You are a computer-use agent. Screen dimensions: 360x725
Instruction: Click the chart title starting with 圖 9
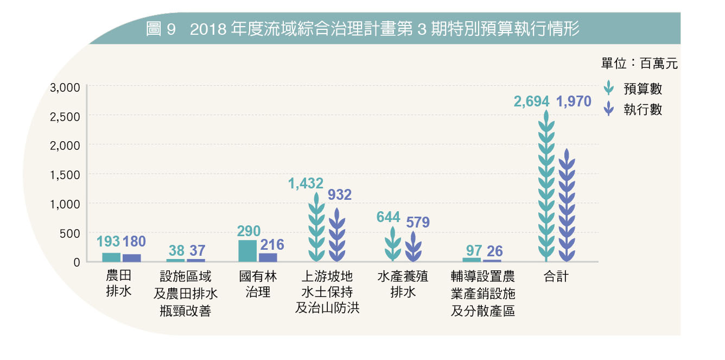[x=362, y=29]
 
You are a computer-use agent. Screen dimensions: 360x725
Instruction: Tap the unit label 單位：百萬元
[x=639, y=64]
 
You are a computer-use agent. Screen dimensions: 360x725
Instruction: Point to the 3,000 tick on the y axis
[x=65, y=87]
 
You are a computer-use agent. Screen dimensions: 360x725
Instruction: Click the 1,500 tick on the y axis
[x=65, y=174]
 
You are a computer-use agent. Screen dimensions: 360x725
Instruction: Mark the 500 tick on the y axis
[x=69, y=233]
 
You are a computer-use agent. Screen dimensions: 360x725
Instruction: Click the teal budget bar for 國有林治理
[x=247, y=251]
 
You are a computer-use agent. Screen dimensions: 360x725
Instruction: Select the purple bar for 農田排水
[x=131, y=258]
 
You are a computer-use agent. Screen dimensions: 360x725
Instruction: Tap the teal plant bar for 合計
[x=546, y=187]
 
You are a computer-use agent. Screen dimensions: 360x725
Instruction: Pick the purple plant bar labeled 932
[x=337, y=236]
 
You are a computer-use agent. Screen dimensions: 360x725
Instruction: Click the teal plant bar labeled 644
[x=393, y=245]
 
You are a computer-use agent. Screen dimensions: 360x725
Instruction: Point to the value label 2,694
[x=532, y=101]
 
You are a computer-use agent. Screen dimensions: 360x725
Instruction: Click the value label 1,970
[x=574, y=101]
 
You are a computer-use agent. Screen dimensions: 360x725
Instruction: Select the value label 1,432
[x=306, y=184]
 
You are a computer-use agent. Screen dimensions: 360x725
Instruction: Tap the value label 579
[x=418, y=222]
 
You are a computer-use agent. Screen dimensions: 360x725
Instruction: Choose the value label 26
[x=494, y=251]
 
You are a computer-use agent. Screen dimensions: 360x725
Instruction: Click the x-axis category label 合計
[x=556, y=276]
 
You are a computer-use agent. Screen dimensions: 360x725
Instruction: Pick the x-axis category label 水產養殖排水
[x=403, y=284]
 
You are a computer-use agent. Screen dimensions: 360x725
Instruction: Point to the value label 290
[x=249, y=231]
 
